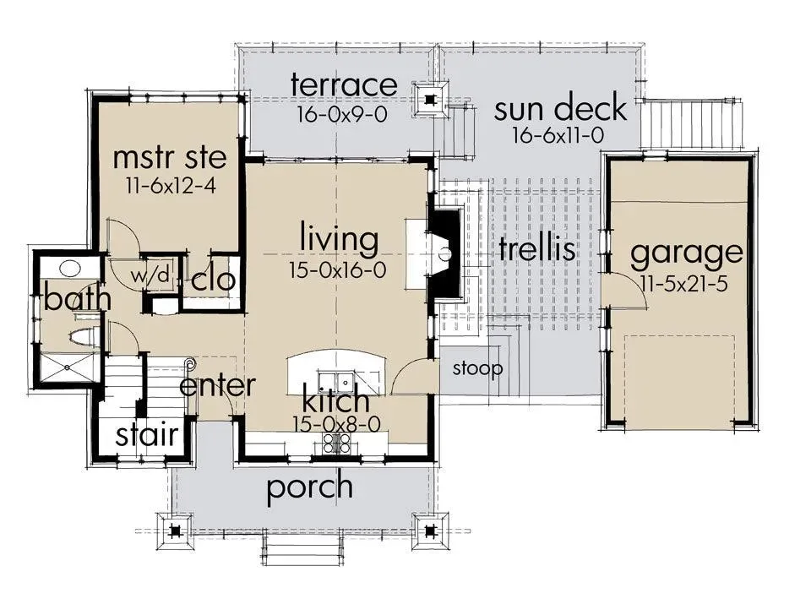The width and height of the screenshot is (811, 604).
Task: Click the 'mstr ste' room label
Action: pyautogui.click(x=170, y=157)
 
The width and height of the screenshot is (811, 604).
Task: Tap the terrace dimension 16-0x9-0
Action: pyautogui.click(x=342, y=114)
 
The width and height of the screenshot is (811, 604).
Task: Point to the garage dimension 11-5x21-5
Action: pyautogui.click(x=683, y=283)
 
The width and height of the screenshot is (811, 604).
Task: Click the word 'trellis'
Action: pyautogui.click(x=537, y=248)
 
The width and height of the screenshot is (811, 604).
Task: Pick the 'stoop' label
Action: pyautogui.click(x=477, y=368)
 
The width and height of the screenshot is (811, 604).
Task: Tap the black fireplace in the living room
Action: pyautogui.click(x=444, y=253)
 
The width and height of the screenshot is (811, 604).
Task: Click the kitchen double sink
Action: pyautogui.click(x=336, y=382)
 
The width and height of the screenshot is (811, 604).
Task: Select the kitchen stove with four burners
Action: pyautogui.click(x=337, y=442)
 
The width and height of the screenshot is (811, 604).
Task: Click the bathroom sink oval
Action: pyautogui.click(x=69, y=268)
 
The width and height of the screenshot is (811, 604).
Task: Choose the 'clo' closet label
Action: pyautogui.click(x=213, y=280)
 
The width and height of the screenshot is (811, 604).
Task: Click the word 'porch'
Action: pyautogui.click(x=310, y=487)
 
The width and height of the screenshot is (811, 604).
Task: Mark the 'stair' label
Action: pyautogui.click(x=147, y=435)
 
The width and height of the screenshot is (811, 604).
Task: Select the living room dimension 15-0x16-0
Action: pyautogui.click(x=338, y=270)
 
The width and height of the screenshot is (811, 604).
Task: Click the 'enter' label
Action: pyautogui.click(x=217, y=385)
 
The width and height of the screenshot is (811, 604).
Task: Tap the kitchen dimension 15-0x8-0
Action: pyautogui.click(x=337, y=425)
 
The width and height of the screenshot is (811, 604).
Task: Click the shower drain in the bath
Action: pyautogui.click(x=67, y=367)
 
